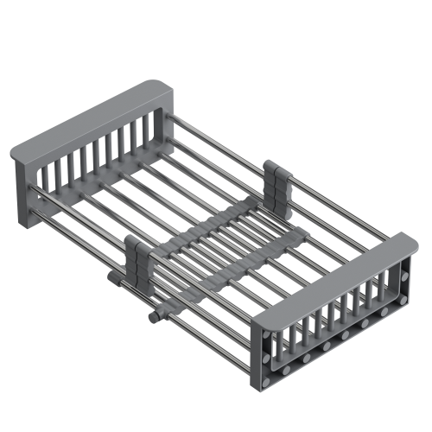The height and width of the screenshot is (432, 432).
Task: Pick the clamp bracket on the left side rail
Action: click(139, 259)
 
